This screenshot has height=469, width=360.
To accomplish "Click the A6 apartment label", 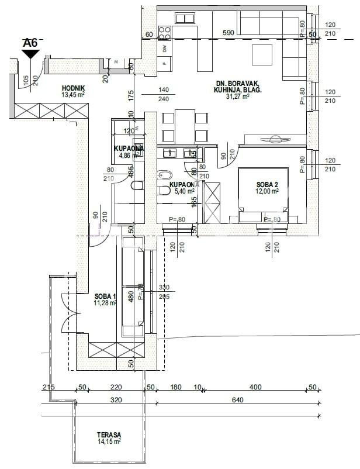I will click(30, 42).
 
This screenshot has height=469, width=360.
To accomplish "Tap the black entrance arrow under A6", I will click(30, 54).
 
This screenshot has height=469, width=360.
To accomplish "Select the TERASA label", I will click(110, 434).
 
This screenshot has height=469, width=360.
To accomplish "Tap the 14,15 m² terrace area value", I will click(110, 442).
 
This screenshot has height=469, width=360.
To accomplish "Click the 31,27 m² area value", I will click(237, 97).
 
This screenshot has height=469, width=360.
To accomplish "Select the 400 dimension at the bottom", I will click(255, 388).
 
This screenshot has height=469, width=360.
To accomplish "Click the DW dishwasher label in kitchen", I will click(165, 48).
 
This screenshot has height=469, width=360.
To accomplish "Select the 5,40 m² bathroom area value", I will click(179, 191).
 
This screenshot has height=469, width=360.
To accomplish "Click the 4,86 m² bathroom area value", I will click(126, 156).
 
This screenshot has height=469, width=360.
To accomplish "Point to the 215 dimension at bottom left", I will click(49, 388).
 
